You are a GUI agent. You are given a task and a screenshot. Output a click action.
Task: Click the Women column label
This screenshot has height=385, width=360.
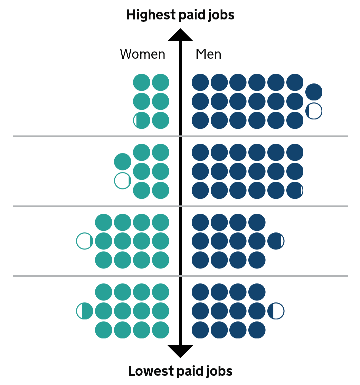coord(142,54)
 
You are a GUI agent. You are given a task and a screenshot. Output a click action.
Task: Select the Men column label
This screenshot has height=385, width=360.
coord(208,54)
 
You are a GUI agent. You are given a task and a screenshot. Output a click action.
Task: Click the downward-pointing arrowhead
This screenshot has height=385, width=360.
coord(180,351)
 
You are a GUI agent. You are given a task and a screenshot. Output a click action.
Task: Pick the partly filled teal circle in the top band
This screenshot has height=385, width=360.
coord(141,120)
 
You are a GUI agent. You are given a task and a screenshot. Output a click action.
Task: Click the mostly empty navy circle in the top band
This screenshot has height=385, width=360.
coord(314,111)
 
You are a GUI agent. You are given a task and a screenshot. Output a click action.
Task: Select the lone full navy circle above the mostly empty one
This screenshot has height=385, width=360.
coord(314,92)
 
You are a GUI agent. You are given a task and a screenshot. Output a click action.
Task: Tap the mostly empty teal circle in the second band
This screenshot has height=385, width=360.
coord(122,181)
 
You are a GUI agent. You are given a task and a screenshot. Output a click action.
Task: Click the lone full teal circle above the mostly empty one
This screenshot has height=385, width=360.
coord(122,162)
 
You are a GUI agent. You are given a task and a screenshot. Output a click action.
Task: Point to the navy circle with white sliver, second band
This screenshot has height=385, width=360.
coord(295,190)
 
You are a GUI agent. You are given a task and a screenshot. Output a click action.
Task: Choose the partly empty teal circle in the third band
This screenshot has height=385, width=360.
coord(84,241)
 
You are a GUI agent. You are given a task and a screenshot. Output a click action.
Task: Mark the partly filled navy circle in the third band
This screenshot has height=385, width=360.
coord(276,241)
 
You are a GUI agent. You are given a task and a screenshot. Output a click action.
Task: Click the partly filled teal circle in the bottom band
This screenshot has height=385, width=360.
coord(84,311)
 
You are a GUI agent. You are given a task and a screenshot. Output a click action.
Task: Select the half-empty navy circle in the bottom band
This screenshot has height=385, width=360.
coord(276,311)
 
